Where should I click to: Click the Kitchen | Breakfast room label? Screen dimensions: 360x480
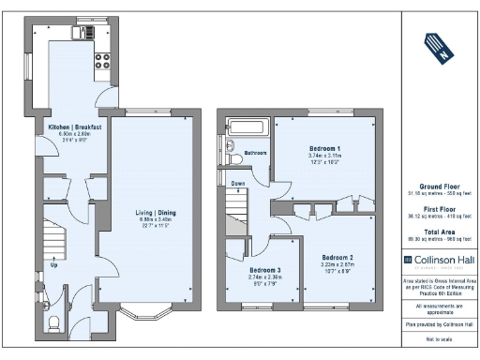pos(75,126)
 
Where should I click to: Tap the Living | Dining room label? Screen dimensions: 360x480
pos(145,212)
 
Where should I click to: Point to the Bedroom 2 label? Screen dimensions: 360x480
pos(337,257)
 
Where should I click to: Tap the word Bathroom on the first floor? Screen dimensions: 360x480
pos(256,153)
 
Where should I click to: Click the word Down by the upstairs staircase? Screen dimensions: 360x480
pos(238,184)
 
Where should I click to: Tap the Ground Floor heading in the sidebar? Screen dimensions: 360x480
pos(438,186)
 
